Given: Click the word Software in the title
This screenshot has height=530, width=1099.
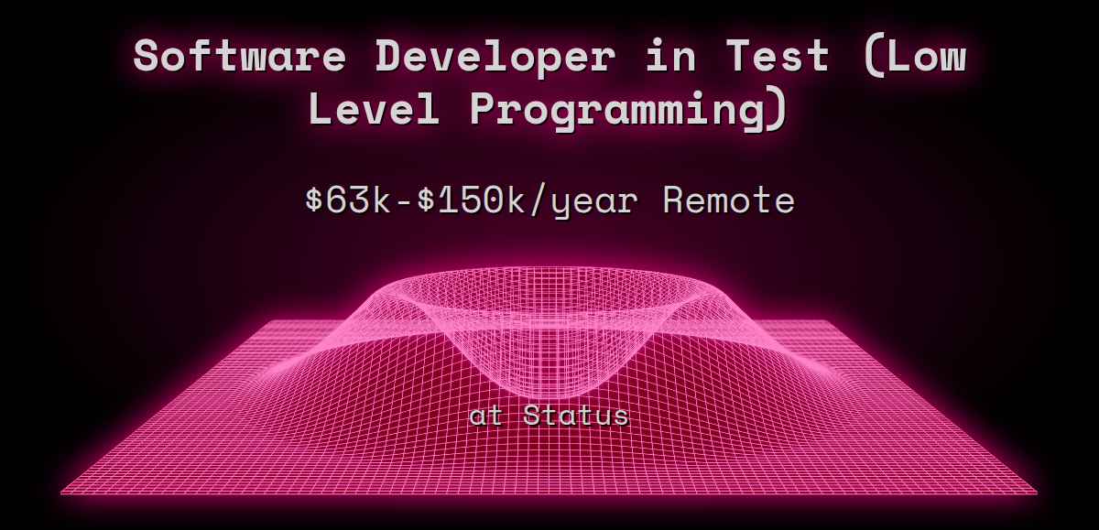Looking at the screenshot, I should [240, 57].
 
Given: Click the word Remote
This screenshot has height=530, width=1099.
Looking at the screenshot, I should [728, 200].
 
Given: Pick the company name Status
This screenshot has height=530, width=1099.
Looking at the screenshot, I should [576, 416].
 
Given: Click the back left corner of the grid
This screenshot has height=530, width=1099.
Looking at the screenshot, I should [266, 321].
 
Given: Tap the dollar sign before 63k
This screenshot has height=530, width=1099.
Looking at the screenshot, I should [314, 200].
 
